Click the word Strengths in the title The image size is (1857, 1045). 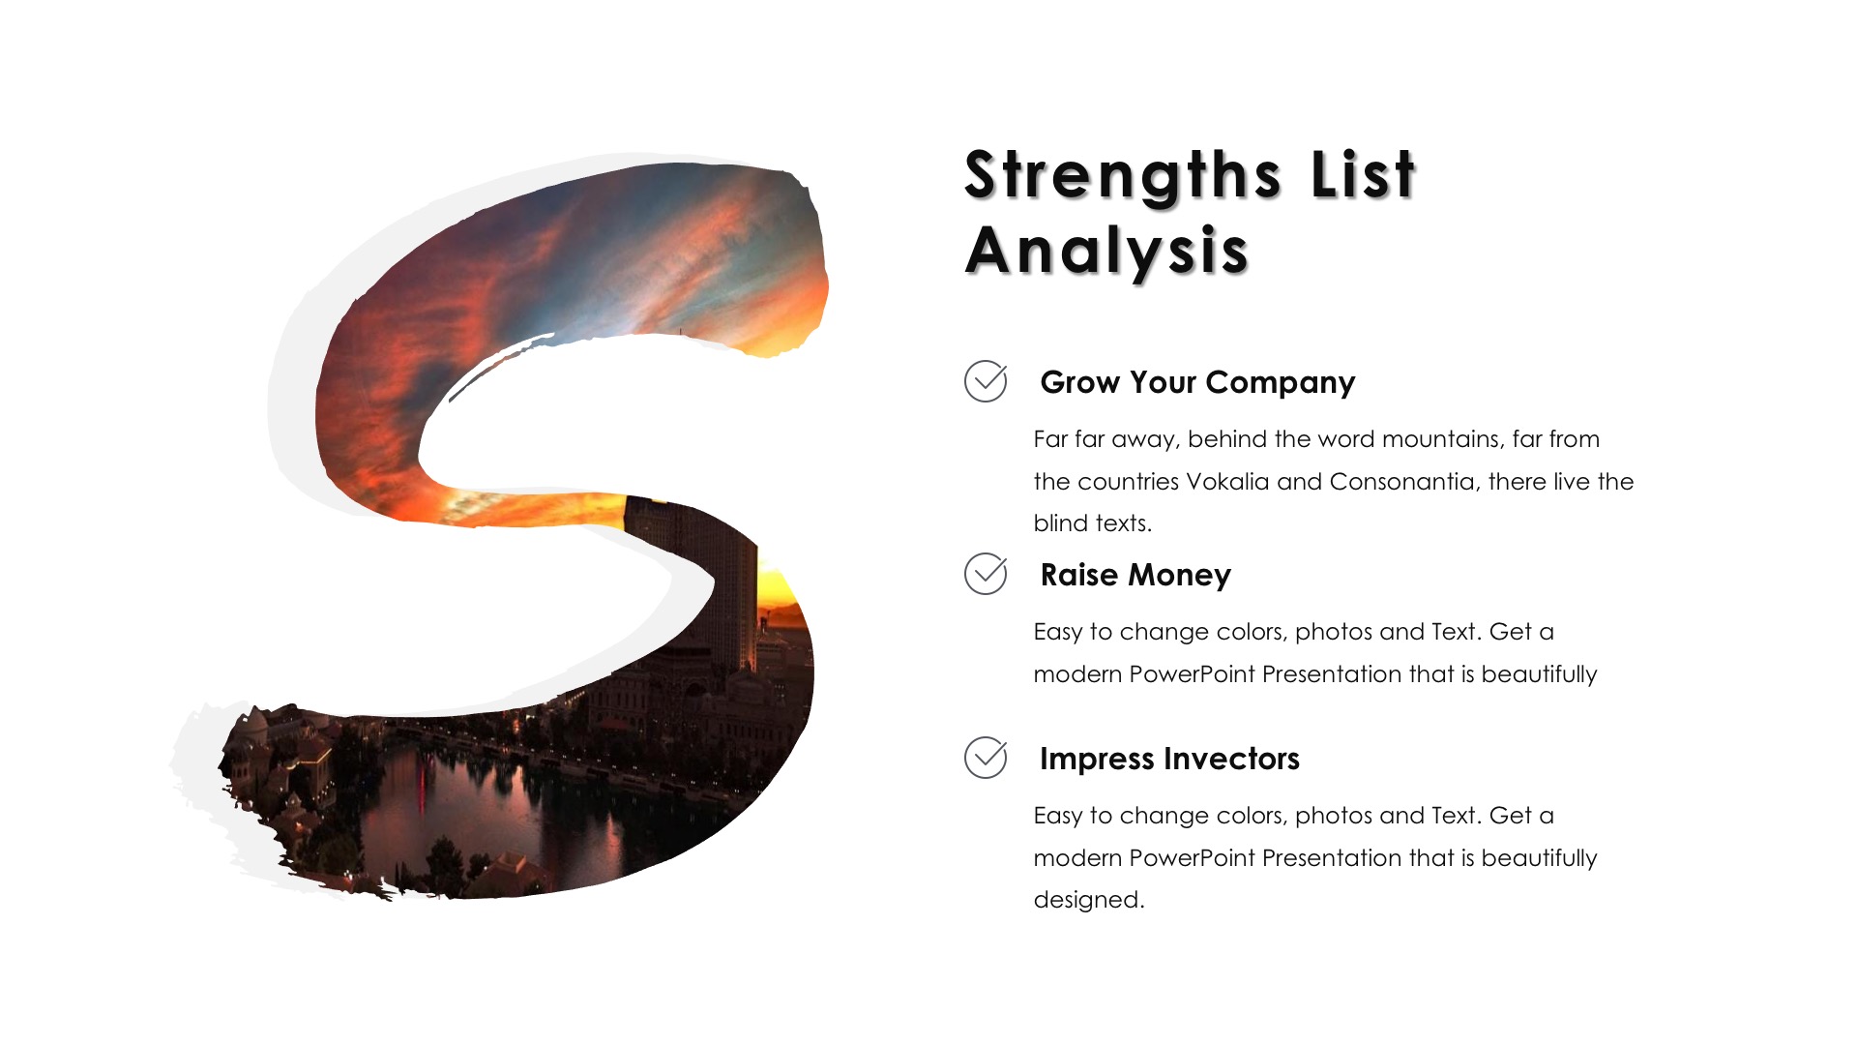click(x=1123, y=176)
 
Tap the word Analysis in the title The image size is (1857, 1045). click(x=1106, y=252)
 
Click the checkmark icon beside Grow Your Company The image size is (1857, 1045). click(x=986, y=381)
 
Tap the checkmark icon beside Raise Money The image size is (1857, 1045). click(x=986, y=574)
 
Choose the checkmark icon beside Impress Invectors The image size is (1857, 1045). click(x=986, y=758)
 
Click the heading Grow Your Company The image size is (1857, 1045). click(x=1197, y=383)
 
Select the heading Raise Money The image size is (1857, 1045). click(x=1135, y=576)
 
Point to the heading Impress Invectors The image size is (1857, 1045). click(x=1169, y=759)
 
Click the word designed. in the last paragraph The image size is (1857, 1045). click(x=1089, y=901)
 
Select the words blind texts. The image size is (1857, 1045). click(x=1093, y=523)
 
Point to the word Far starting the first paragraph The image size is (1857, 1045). click(x=1050, y=439)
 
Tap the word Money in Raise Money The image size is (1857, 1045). click(x=1180, y=577)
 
